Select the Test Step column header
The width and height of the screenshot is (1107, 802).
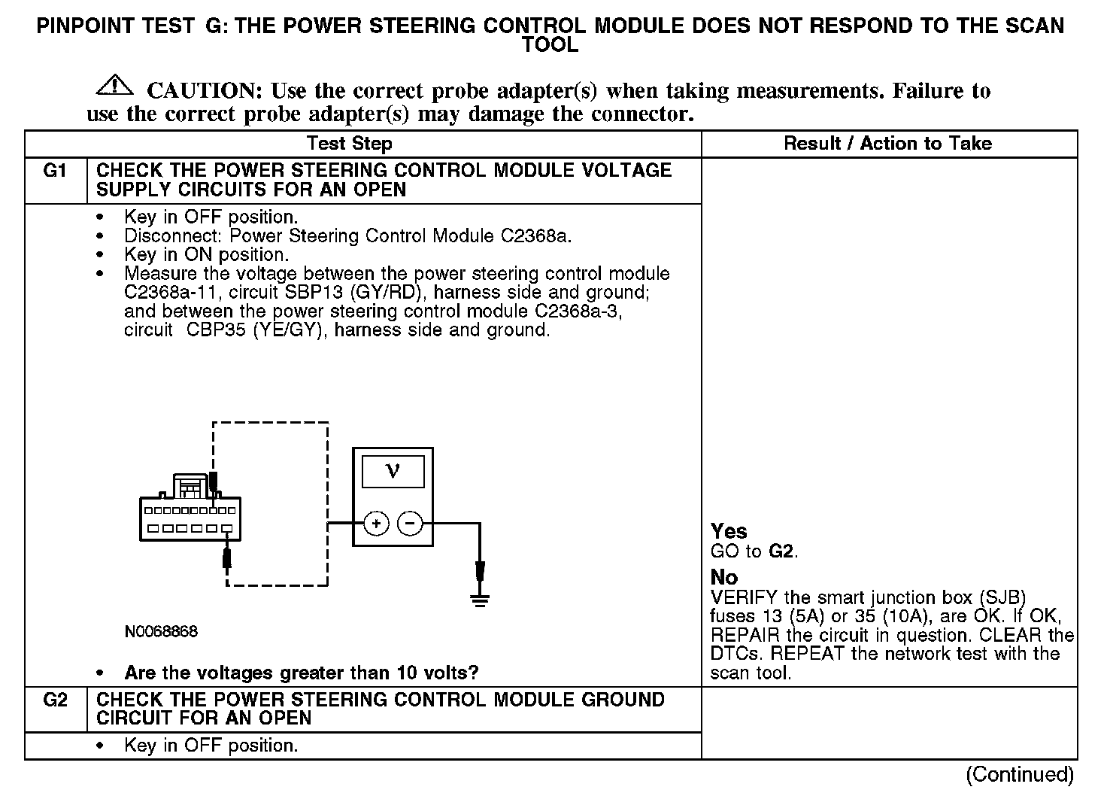(x=349, y=144)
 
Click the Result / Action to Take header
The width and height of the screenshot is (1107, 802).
(x=887, y=144)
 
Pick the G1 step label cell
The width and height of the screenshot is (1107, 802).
(x=56, y=171)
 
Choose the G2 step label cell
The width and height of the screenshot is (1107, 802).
(x=56, y=700)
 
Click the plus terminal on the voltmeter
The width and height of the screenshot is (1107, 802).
(x=376, y=523)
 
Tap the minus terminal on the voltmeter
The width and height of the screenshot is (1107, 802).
(x=410, y=523)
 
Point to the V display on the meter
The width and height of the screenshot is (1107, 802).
(x=393, y=472)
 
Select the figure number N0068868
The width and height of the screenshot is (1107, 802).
(x=161, y=632)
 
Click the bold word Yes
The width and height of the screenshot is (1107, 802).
(x=729, y=531)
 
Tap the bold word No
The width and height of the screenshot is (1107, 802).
(x=724, y=577)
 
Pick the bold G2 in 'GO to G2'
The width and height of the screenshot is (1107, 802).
(x=781, y=551)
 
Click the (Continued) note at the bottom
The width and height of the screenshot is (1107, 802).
(x=1019, y=774)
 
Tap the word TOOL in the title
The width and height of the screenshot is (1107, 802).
(x=550, y=45)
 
